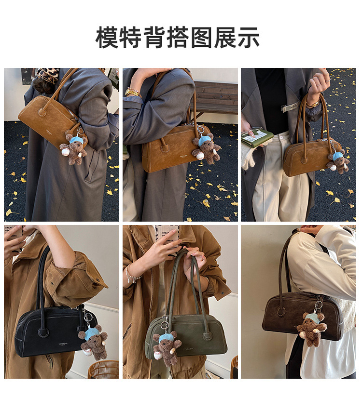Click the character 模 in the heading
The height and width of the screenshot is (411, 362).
point(107,38)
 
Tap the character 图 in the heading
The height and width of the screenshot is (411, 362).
point(201,38)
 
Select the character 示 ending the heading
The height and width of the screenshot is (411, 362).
point(248,38)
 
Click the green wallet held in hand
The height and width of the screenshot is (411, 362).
point(257,138)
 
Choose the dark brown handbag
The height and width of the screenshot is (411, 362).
point(301,314)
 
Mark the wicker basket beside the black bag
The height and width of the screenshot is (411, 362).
point(103,370)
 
